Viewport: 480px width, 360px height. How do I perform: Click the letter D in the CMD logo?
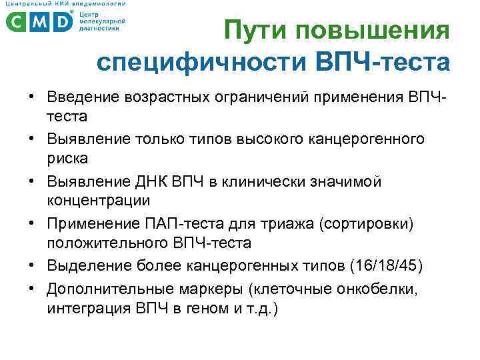click(61, 23)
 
